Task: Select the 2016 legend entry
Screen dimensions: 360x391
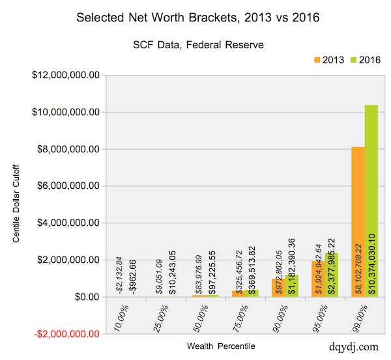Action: tap(363, 59)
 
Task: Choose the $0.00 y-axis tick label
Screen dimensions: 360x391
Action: tap(84, 297)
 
